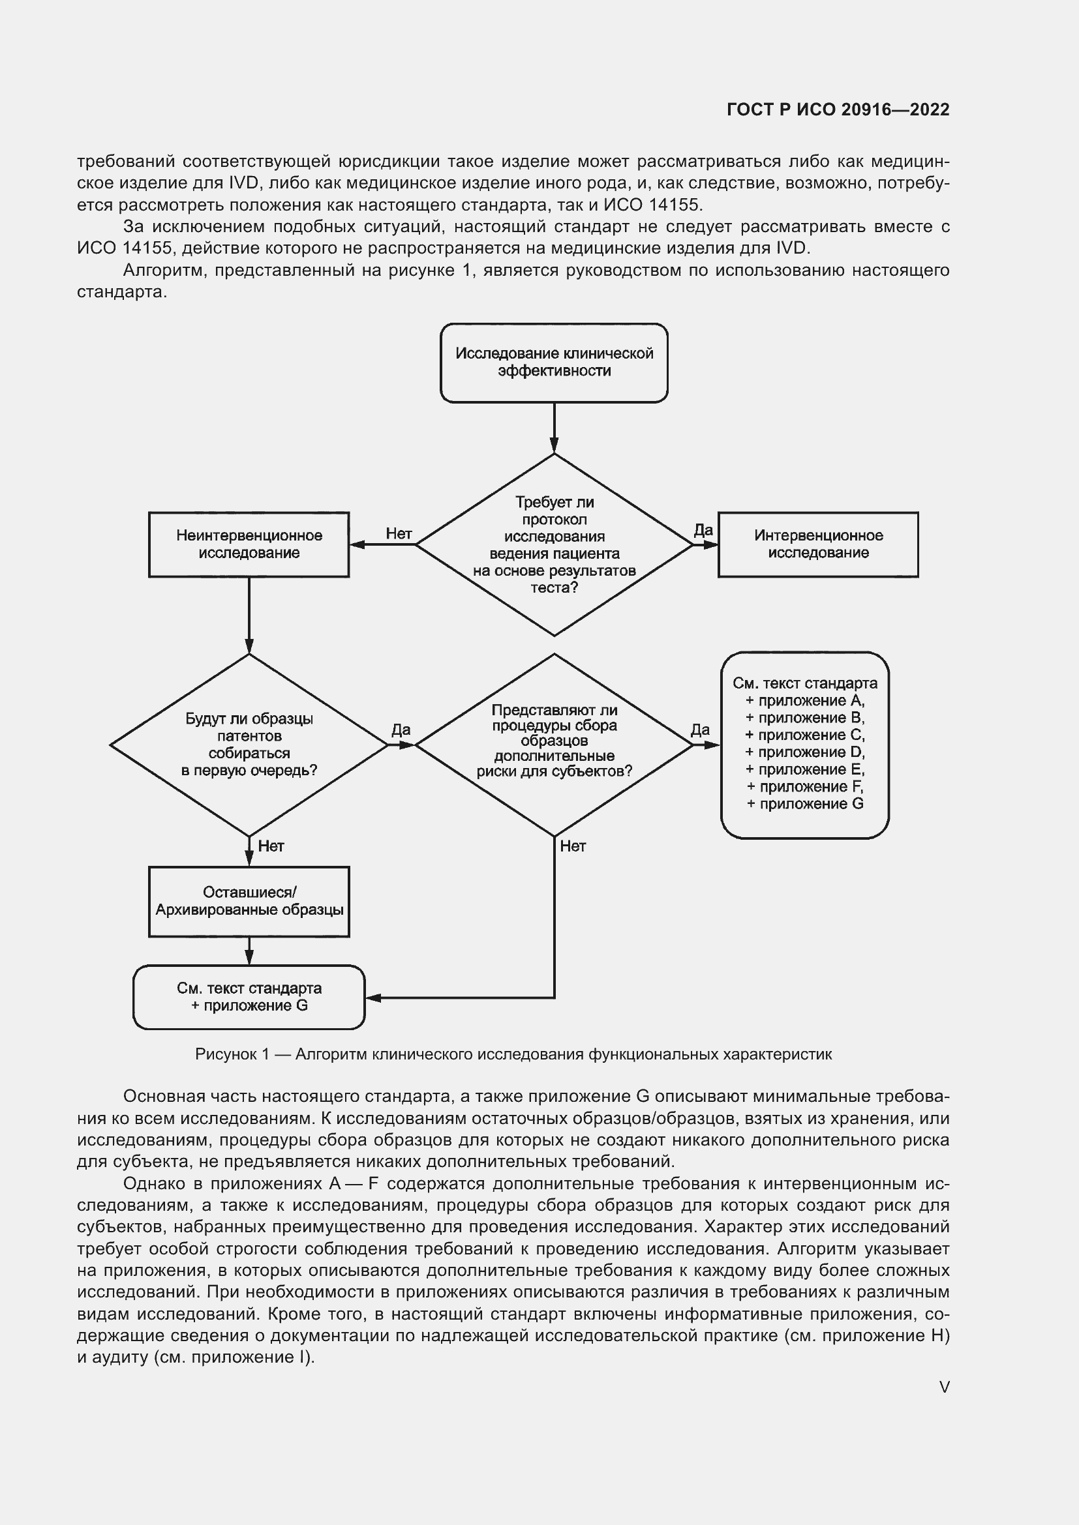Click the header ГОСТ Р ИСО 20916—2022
tap(838, 110)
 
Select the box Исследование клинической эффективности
tap(553, 363)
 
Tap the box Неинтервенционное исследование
tap(249, 544)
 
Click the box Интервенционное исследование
tap(818, 544)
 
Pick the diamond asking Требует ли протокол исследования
tap(553, 544)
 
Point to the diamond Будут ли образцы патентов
tap(249, 745)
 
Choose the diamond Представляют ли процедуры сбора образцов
tap(553, 745)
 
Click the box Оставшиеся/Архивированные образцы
tap(249, 901)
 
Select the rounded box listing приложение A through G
tap(804, 745)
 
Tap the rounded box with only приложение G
tap(249, 996)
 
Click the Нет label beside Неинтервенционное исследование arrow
tap(399, 533)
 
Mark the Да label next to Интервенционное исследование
tap(703, 530)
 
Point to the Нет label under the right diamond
tap(573, 846)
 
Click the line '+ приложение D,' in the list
tap(804, 752)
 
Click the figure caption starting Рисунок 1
tap(513, 1054)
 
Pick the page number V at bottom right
tap(943, 1387)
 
